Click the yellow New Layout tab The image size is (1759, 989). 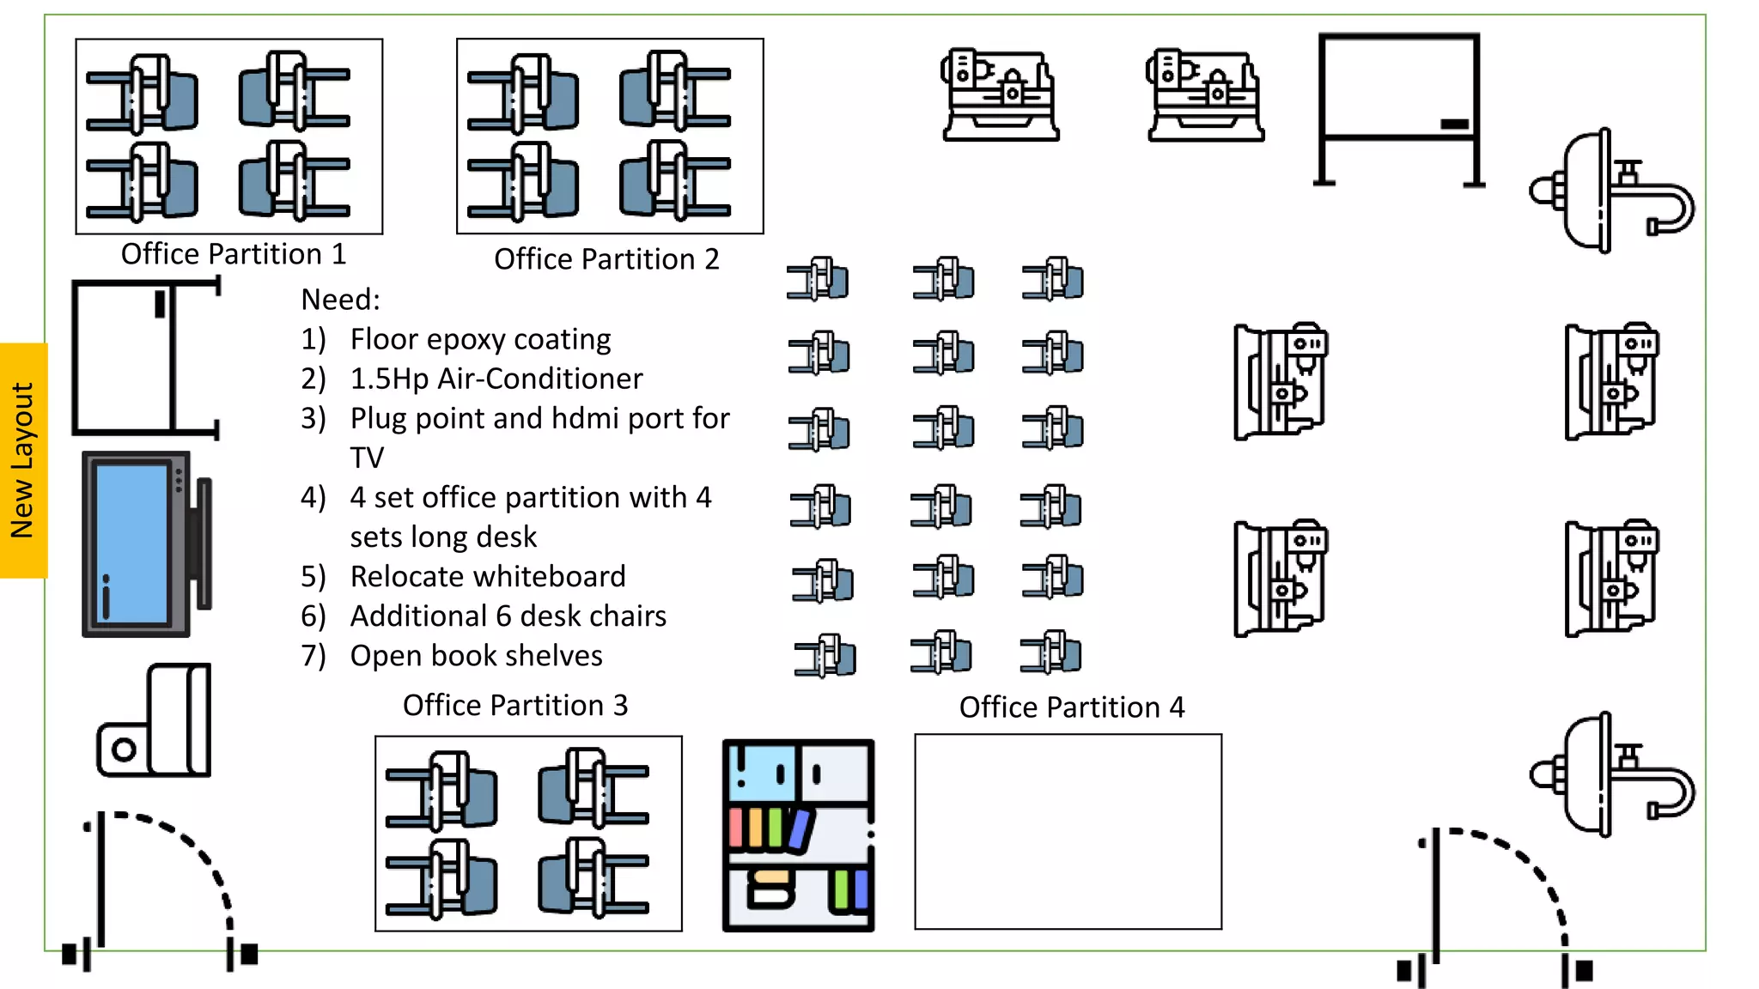pos(23,460)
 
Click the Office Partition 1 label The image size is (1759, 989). pos(233,254)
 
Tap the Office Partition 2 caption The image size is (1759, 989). pos(606,259)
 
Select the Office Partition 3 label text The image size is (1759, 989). pos(515,706)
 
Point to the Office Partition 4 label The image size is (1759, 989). pos(1071,707)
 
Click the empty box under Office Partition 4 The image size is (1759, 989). pos(1068,831)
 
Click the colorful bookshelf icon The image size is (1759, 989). pos(799,835)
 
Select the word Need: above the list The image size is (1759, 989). pos(340,300)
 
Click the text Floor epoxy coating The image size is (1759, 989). pos(480,339)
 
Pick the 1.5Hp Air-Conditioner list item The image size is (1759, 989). pos(496,379)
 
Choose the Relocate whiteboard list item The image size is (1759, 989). pos(487,576)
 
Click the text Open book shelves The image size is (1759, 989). pos(476,656)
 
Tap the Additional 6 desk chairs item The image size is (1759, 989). pos(508,616)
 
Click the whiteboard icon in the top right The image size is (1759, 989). pos(1399,107)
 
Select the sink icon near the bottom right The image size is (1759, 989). pos(1610,774)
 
